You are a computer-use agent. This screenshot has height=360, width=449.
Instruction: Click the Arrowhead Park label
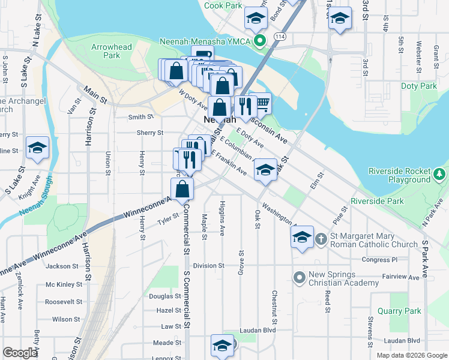click(x=106, y=51)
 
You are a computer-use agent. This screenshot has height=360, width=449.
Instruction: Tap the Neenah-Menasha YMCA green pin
click(x=260, y=41)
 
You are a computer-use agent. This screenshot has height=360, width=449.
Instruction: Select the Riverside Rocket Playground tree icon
click(x=439, y=175)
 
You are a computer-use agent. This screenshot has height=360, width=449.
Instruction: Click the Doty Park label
click(x=419, y=86)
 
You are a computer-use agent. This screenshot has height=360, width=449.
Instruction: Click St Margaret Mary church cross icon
click(x=321, y=239)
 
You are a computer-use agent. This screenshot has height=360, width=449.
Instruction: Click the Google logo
click(x=20, y=353)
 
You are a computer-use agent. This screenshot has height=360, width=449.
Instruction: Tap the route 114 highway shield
click(x=279, y=37)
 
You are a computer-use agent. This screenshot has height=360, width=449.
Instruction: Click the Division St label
click(x=208, y=265)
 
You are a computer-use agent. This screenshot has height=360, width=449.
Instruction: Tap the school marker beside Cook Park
click(x=256, y=19)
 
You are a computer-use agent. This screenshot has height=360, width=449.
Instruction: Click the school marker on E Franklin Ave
click(x=265, y=170)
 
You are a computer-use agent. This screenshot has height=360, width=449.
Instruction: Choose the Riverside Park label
click(x=377, y=201)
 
